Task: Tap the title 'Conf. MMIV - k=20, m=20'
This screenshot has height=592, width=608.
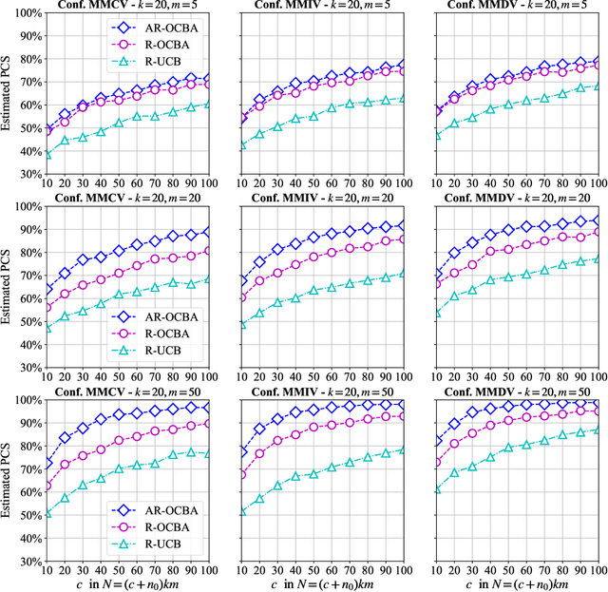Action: coord(326,198)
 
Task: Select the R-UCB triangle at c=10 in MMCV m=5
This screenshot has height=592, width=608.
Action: coord(47,154)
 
